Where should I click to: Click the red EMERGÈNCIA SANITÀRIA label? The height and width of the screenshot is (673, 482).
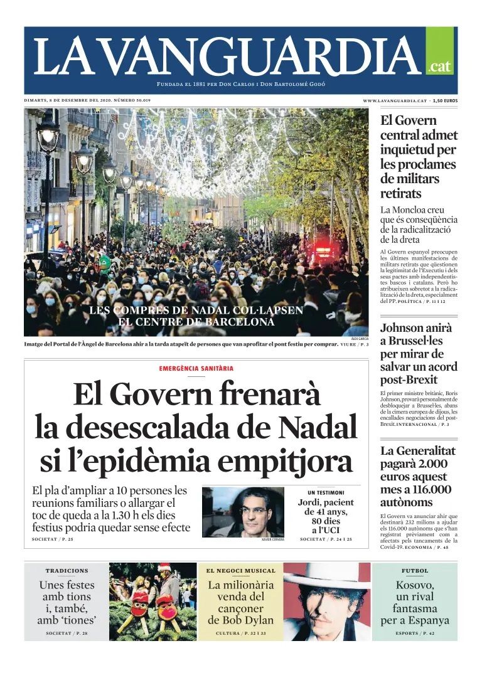196,368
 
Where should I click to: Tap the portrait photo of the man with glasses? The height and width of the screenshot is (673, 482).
243,512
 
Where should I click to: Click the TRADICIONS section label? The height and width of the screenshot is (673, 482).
67,571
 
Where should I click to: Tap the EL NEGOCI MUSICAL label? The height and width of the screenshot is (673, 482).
241,571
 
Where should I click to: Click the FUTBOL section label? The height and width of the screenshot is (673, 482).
415,571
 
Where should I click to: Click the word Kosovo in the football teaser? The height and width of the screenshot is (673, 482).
414,585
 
